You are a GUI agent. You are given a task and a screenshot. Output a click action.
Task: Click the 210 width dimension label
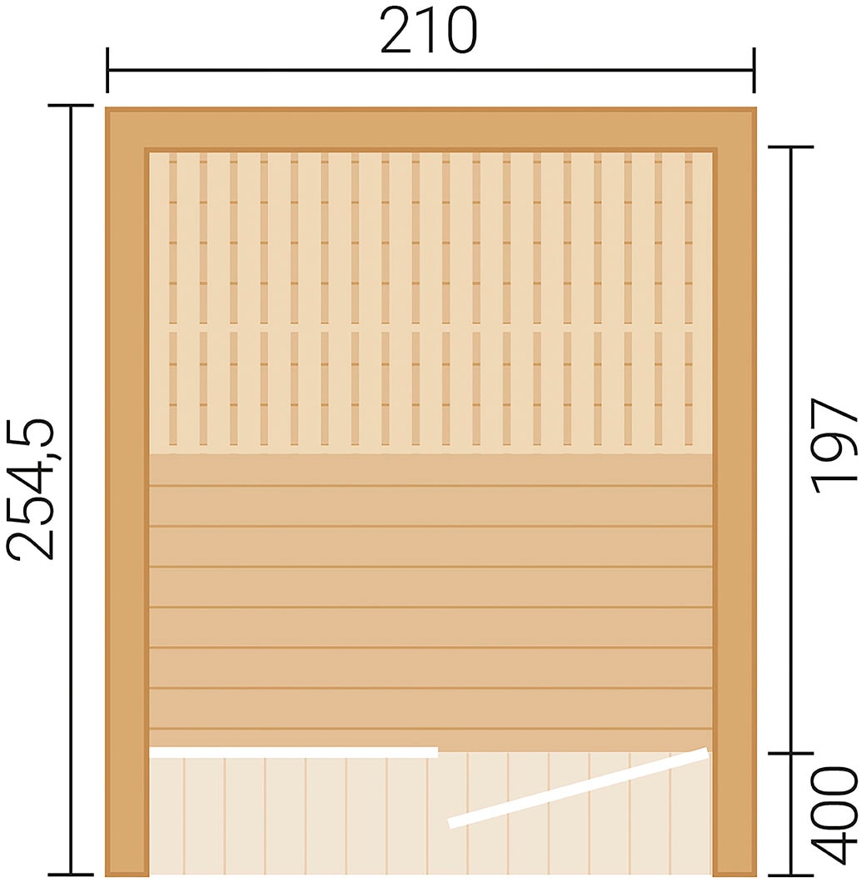(429, 32)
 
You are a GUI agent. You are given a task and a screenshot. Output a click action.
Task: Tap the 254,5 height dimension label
(30, 490)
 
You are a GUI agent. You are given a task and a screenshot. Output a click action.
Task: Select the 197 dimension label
(835, 446)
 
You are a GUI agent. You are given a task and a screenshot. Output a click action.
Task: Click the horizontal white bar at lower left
(293, 753)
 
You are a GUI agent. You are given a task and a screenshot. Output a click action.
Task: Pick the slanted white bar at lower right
(578, 787)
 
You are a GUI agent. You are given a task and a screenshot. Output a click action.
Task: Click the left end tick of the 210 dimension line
(107, 70)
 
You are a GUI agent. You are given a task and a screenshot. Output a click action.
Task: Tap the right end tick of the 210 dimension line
(754, 70)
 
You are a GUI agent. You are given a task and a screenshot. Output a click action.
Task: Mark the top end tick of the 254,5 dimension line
(71, 105)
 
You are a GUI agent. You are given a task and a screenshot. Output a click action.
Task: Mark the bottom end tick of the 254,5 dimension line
(71, 875)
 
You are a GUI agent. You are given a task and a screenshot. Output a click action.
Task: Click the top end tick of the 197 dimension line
(791, 146)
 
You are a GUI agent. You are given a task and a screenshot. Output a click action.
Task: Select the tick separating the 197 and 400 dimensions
(791, 753)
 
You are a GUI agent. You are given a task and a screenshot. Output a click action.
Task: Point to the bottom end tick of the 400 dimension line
(791, 875)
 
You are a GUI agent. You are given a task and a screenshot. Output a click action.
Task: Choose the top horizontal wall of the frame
(431, 129)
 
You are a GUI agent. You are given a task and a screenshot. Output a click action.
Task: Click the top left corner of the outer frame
(106, 108)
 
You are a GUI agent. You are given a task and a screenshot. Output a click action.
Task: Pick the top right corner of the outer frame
(756, 108)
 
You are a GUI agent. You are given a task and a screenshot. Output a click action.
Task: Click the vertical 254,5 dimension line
(71, 490)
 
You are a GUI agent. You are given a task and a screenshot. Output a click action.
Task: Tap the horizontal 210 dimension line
(430, 70)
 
